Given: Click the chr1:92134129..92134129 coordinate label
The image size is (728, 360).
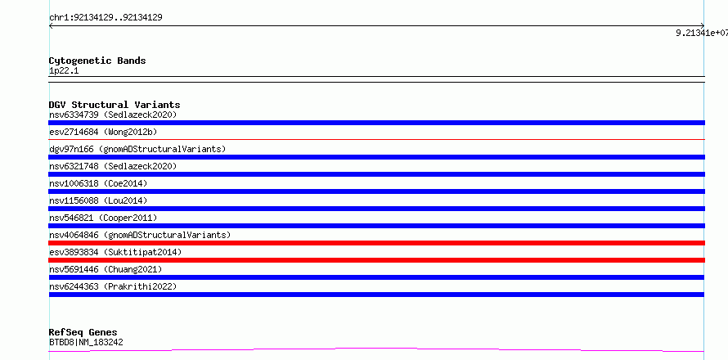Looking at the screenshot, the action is [106, 18].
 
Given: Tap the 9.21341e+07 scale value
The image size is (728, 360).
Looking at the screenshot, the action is [702, 33].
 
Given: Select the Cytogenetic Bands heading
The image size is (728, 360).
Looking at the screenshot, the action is [97, 61].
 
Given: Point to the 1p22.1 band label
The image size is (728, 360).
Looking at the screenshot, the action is [64, 71].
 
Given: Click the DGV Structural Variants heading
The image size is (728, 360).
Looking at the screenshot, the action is [115, 105].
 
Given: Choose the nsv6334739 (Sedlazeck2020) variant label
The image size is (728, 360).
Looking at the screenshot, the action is [113, 115].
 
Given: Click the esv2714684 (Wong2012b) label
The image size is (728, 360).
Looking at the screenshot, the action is [103, 132].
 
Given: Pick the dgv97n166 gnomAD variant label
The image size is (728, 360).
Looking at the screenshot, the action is [137, 149].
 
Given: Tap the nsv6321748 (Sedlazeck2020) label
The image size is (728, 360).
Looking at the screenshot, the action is [113, 166].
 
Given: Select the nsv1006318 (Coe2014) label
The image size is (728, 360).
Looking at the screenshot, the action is [98, 183].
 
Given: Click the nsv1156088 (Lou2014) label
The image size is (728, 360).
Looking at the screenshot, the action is [98, 200].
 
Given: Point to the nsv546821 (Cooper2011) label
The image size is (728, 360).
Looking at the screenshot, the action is [103, 218].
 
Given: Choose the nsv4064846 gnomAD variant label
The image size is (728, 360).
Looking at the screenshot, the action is [140, 235].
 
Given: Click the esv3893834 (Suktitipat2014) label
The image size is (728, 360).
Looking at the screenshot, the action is [115, 252].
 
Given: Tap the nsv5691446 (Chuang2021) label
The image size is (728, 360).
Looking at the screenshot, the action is [106, 269].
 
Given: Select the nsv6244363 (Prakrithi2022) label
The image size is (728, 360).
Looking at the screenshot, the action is [113, 286].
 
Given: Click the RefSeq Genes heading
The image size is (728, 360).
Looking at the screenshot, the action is [83, 332].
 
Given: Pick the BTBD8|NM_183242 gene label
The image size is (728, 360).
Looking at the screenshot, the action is [86, 343].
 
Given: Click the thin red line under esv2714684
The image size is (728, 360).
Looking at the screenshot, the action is [376, 139].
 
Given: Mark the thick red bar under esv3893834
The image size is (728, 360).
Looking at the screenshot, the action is [376, 260].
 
